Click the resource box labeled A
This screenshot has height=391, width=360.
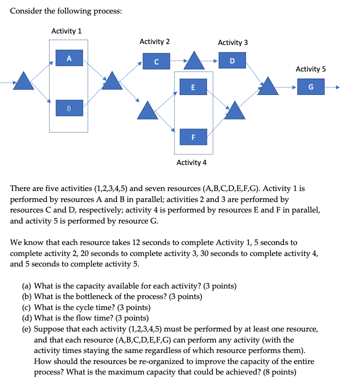69,58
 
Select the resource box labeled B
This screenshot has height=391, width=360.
69,107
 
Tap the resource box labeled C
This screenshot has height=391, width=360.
156,61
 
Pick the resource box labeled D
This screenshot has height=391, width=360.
231,61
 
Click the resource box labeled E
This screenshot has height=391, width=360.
193,88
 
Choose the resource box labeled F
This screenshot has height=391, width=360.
193,136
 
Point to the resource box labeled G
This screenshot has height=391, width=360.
311,87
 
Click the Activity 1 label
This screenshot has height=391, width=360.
66,31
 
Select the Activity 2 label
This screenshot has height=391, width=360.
154,41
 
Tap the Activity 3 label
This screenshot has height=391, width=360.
232,42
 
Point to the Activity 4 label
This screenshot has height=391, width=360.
191,162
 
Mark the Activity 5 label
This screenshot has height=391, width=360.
310,69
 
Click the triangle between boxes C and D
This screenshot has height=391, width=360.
195,61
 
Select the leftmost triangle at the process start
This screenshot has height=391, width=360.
23,81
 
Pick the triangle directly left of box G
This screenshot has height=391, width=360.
270,85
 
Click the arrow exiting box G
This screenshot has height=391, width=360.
333,87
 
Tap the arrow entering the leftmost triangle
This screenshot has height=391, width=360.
7,81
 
